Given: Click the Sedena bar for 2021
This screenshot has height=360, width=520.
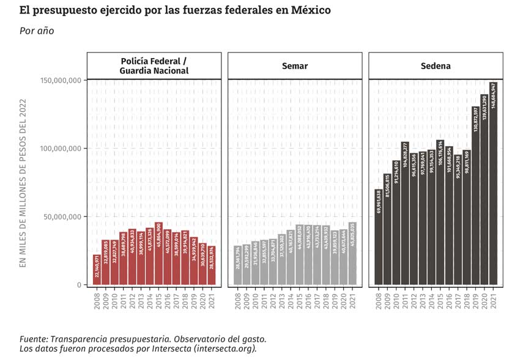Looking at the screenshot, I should point(493,183).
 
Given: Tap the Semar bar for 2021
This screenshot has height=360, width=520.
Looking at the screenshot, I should point(352,254).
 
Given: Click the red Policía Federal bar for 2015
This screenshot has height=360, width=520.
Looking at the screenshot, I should point(158,254).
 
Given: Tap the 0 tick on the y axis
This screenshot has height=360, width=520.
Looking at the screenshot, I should point(79,285).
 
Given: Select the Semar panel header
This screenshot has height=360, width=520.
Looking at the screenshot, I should point(295,66).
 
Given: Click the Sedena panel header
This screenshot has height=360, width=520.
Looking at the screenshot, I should point(436,66).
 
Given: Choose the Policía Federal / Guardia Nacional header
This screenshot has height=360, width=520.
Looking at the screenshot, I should point(154,66).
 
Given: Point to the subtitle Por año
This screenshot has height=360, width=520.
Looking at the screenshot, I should point(37,31).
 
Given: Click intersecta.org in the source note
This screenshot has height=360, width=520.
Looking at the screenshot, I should point(224,348).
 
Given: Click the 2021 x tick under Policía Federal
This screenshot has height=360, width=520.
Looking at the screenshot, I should point(212,300).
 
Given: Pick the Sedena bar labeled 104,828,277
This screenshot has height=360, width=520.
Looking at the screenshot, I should point(405,213).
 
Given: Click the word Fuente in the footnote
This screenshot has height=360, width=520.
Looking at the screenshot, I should point(34,339).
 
